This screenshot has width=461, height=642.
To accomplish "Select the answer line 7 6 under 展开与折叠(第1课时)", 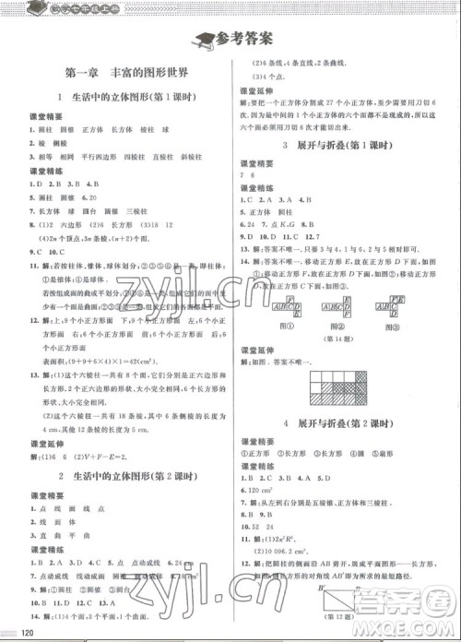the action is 246,174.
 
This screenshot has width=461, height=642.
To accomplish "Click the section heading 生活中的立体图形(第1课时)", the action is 126,98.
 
